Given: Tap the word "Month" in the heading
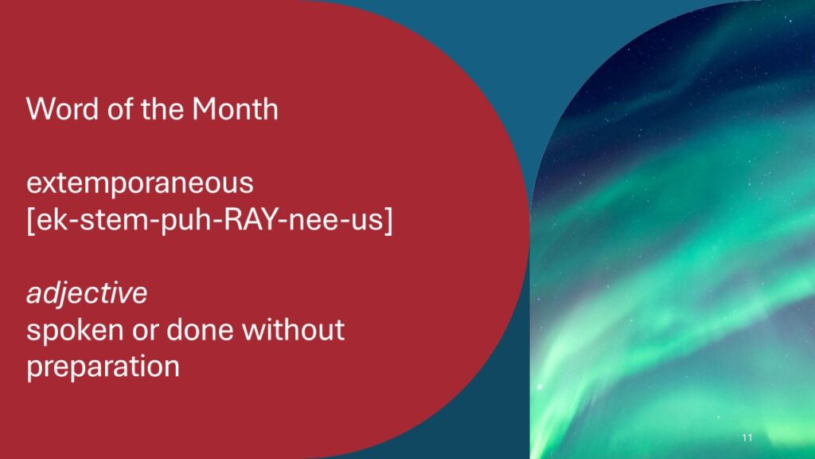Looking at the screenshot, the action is click(235, 109).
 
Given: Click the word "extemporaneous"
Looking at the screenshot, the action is click(140, 183).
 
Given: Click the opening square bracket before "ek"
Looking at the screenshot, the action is click(31, 220).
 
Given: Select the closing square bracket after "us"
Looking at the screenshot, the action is click(388, 220).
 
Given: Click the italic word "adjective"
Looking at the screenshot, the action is click(87, 293).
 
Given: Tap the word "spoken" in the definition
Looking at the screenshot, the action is click(75, 331).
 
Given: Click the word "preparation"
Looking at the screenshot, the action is click(103, 367).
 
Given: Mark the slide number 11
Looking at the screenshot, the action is click(747, 437).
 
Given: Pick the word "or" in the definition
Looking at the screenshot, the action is click(145, 332).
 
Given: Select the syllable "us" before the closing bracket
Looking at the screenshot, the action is click(366, 222).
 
